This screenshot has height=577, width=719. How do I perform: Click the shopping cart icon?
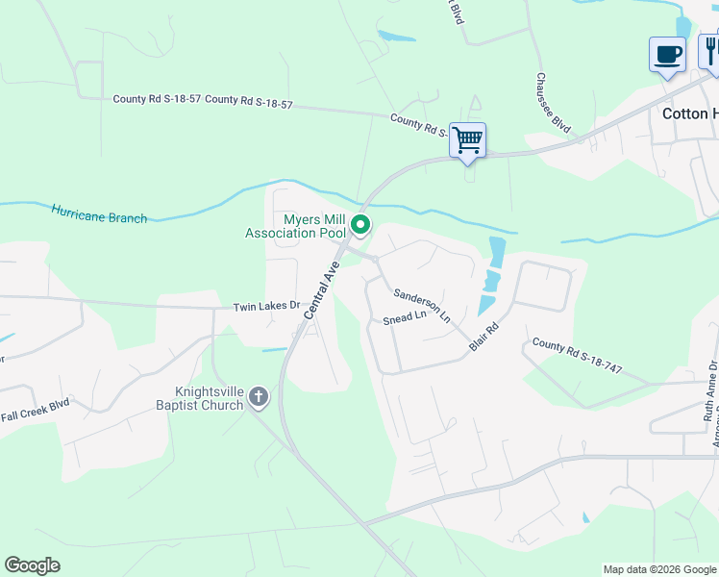tap(467, 140)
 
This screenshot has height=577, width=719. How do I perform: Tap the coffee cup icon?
tap(667, 54)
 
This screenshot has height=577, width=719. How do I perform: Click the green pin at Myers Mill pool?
tap(361, 226)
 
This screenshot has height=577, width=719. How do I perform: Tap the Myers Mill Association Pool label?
tap(295, 226)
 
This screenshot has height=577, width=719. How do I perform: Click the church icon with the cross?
tap(258, 396)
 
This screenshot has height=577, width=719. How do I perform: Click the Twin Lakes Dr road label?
tap(266, 307)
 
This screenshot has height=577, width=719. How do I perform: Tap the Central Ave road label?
tap(322, 289)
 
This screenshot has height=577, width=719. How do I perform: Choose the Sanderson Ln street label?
tap(422, 303)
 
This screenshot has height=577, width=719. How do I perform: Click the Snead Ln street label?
tap(404, 318)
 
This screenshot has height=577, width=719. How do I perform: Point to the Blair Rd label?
tap(483, 336)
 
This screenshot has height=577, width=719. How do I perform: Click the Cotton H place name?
tap(690, 113)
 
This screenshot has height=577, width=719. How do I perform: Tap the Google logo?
tap(32, 565)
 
